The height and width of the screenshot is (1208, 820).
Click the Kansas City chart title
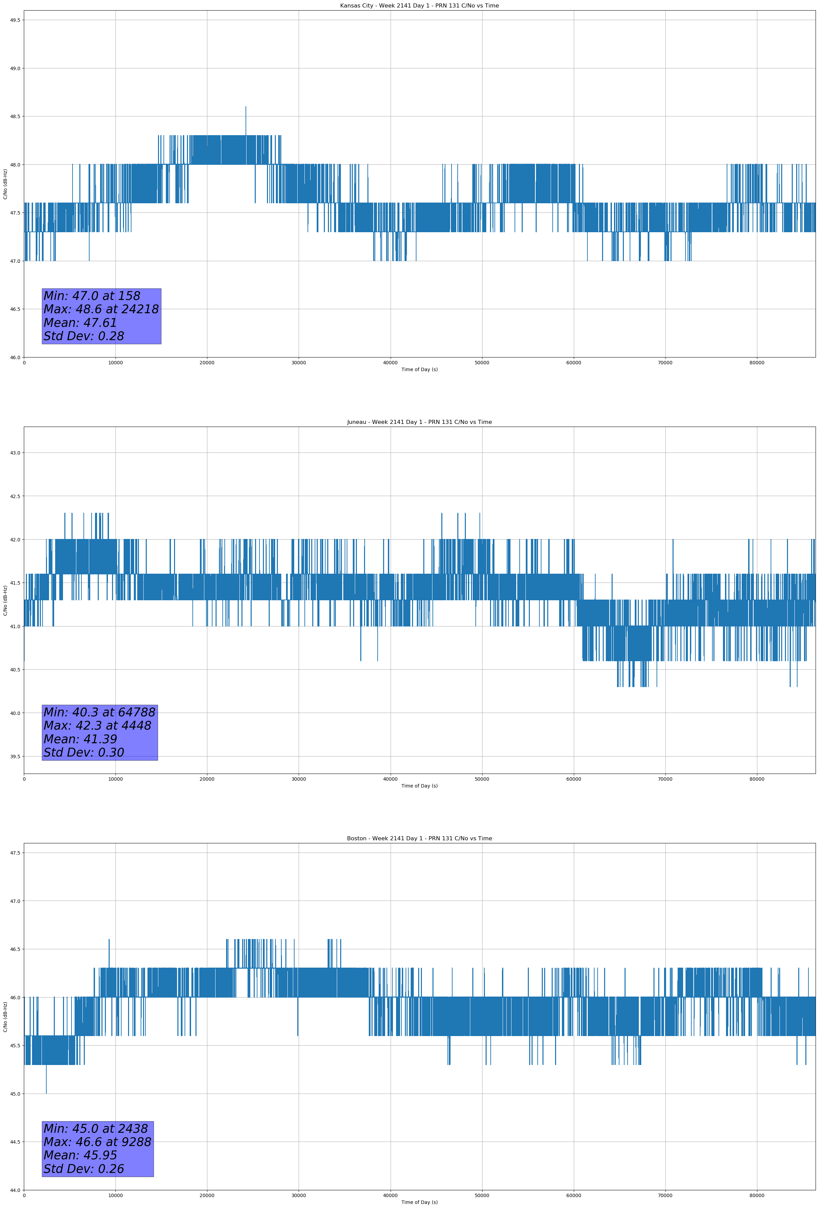(419, 6)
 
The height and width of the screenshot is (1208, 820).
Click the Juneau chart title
(419, 422)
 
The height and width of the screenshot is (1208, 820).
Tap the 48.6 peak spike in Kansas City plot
(246, 108)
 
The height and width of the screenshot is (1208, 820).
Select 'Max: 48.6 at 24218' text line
(101, 309)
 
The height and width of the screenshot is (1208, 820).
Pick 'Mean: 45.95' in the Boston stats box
(80, 1155)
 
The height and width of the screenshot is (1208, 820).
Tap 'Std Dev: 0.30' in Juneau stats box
(84, 752)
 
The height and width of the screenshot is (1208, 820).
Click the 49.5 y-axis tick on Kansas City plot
(15, 20)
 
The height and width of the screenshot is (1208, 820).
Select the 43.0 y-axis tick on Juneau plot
(15, 453)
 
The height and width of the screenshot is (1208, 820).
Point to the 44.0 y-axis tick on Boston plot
(15, 1190)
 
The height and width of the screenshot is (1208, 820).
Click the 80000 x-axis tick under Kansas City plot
(757, 363)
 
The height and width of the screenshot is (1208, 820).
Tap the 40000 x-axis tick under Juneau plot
(390, 779)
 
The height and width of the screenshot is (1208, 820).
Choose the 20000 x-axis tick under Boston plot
(207, 1195)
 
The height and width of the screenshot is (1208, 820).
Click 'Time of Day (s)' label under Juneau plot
(419, 786)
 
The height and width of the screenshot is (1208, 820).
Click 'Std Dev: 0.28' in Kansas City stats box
(84, 336)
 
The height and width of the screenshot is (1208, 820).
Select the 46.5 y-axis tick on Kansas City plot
(15, 309)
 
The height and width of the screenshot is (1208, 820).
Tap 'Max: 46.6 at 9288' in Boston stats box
(97, 1142)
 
